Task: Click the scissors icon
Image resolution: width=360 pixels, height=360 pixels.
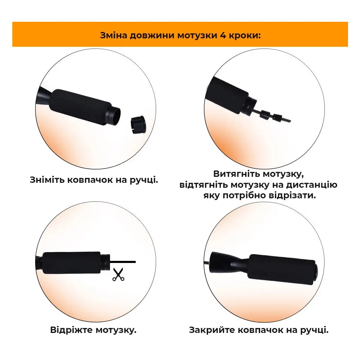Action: click(118, 275)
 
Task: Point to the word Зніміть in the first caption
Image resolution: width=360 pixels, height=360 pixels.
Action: click(47, 180)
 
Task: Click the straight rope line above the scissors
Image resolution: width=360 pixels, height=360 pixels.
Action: click(123, 262)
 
